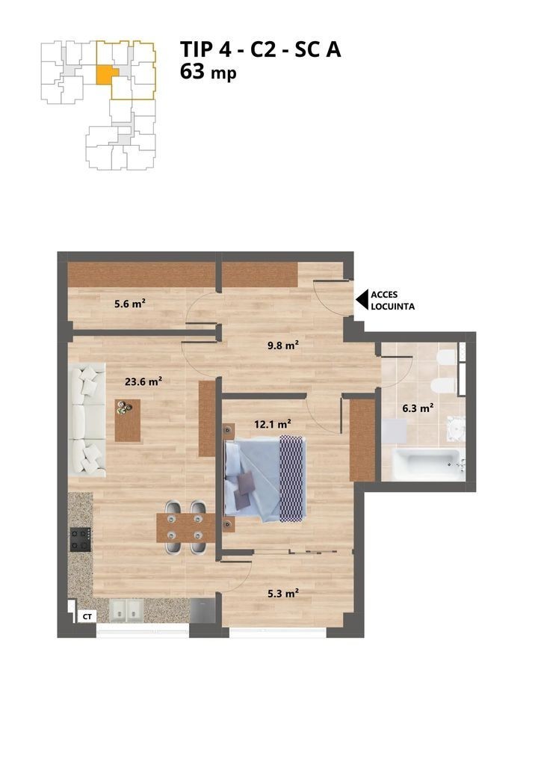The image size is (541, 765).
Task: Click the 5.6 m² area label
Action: click(129, 304)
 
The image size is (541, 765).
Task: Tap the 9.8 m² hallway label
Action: click(282, 345)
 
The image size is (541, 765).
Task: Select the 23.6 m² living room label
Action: click(143, 381)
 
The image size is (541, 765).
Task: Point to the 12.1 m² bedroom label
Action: click(273, 424)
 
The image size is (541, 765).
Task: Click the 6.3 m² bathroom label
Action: click(418, 408)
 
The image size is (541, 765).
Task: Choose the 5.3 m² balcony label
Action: click(282, 594)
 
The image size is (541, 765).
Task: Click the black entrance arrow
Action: click(362, 300)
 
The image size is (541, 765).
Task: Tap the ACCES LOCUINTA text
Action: click(393, 301)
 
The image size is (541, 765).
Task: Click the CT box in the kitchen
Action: click(87, 617)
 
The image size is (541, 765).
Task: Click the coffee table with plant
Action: click(128, 420)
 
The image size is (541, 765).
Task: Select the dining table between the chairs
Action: click(186, 528)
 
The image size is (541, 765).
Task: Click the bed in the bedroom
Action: click(265, 479)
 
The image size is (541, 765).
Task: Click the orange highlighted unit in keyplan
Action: click(106, 76)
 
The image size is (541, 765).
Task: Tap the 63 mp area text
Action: click(208, 73)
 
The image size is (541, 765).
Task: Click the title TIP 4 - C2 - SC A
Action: click(260, 50)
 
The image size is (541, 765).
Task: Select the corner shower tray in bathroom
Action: click(457, 428)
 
